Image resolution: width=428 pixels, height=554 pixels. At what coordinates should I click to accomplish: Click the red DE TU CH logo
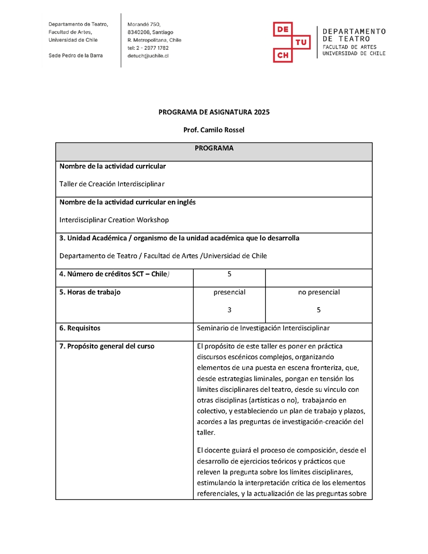(292, 42)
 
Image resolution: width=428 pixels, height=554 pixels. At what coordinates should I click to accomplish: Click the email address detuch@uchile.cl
(148, 56)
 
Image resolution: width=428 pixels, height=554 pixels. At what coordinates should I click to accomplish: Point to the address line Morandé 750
(144, 24)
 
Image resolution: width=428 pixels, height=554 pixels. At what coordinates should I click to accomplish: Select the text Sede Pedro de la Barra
(75, 56)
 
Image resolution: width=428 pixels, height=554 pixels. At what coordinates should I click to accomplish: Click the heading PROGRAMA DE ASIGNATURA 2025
(214, 112)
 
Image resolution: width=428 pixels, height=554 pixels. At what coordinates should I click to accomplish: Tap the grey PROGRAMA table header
(213, 148)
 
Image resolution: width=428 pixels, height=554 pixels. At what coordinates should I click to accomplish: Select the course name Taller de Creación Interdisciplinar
(112, 184)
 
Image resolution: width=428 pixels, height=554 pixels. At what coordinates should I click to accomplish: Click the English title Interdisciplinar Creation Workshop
(114, 220)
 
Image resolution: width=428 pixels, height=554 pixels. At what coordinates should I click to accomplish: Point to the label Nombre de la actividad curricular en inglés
(127, 202)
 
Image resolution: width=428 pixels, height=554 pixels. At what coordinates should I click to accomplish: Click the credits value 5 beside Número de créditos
(229, 274)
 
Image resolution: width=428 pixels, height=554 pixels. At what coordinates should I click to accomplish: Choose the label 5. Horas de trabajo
(90, 292)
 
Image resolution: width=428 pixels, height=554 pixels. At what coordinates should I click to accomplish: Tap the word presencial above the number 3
(229, 292)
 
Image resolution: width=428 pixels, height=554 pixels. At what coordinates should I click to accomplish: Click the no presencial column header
(319, 292)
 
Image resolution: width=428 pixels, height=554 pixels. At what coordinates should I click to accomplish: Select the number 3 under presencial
(229, 310)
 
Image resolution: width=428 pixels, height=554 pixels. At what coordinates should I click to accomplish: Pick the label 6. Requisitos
(80, 328)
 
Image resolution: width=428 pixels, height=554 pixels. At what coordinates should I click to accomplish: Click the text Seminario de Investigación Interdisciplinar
(263, 328)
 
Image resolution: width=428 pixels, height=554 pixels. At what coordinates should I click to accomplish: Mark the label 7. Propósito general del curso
(107, 346)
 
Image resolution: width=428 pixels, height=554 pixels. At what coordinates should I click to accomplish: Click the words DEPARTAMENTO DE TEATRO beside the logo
(354, 35)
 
